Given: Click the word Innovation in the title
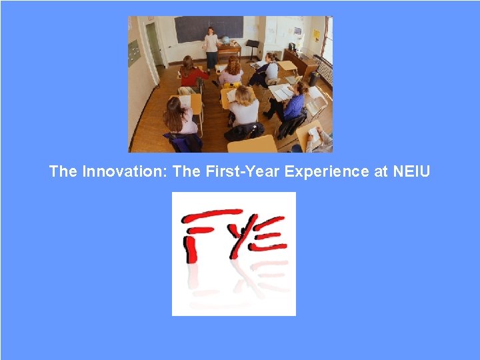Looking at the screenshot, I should (x=125, y=171).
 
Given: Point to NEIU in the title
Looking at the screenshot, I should (x=411, y=171).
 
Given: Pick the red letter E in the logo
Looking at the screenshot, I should (x=269, y=233).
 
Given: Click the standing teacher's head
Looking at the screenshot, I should (x=211, y=30).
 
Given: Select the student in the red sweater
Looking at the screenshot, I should (x=191, y=73).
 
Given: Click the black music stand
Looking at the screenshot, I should (x=252, y=47).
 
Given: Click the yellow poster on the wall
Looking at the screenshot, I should (x=317, y=35).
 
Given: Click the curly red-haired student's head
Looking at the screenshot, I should (x=233, y=65).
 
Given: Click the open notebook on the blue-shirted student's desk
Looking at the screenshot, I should (x=280, y=93).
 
